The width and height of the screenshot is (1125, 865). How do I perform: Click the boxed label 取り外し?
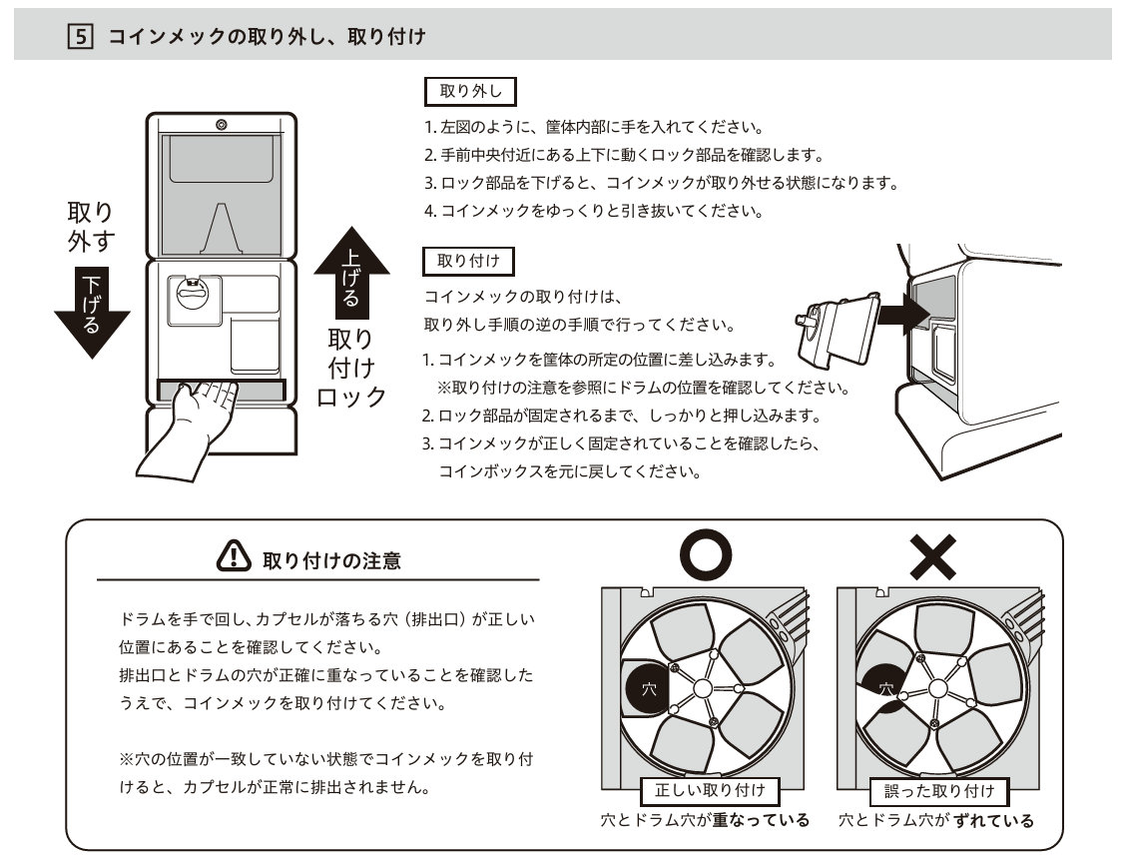pos(470,92)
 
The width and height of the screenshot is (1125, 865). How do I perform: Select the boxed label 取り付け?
pos(470,262)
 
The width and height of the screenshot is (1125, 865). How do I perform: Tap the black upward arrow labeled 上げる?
pos(351,272)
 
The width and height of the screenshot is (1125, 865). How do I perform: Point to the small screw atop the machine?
pos(221,125)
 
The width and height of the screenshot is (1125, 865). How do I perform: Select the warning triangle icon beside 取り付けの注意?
pos(233,556)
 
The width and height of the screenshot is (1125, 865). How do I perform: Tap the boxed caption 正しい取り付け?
pos(709,791)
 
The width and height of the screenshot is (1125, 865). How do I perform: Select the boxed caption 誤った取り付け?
pos(939,791)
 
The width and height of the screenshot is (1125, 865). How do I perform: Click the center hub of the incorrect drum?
pos(938,688)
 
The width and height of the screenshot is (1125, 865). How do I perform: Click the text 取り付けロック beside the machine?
pos(351,367)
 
